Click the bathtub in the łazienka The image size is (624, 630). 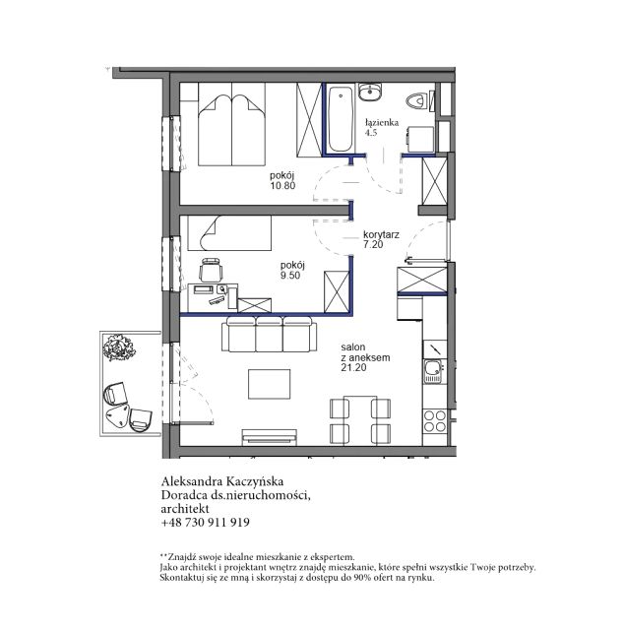click(x=340, y=118)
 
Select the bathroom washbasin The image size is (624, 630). click(x=370, y=93)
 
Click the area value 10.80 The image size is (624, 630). click(x=282, y=186)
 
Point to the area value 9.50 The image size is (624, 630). click(x=290, y=276)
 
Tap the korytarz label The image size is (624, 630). click(x=381, y=234)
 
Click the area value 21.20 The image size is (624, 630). click(x=353, y=367)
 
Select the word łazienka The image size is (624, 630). click(x=382, y=122)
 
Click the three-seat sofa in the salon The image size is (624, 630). click(x=270, y=334)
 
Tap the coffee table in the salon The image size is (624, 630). click(x=270, y=384)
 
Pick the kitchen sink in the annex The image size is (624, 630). click(x=433, y=371)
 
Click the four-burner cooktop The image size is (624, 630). click(x=435, y=421)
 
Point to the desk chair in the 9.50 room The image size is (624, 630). click(x=211, y=269)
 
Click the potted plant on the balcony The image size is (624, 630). click(x=118, y=347)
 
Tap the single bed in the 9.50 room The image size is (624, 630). click(x=229, y=233)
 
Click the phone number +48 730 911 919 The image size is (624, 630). click(x=206, y=523)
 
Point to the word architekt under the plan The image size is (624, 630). click(x=185, y=509)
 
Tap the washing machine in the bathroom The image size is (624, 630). click(x=420, y=139)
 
